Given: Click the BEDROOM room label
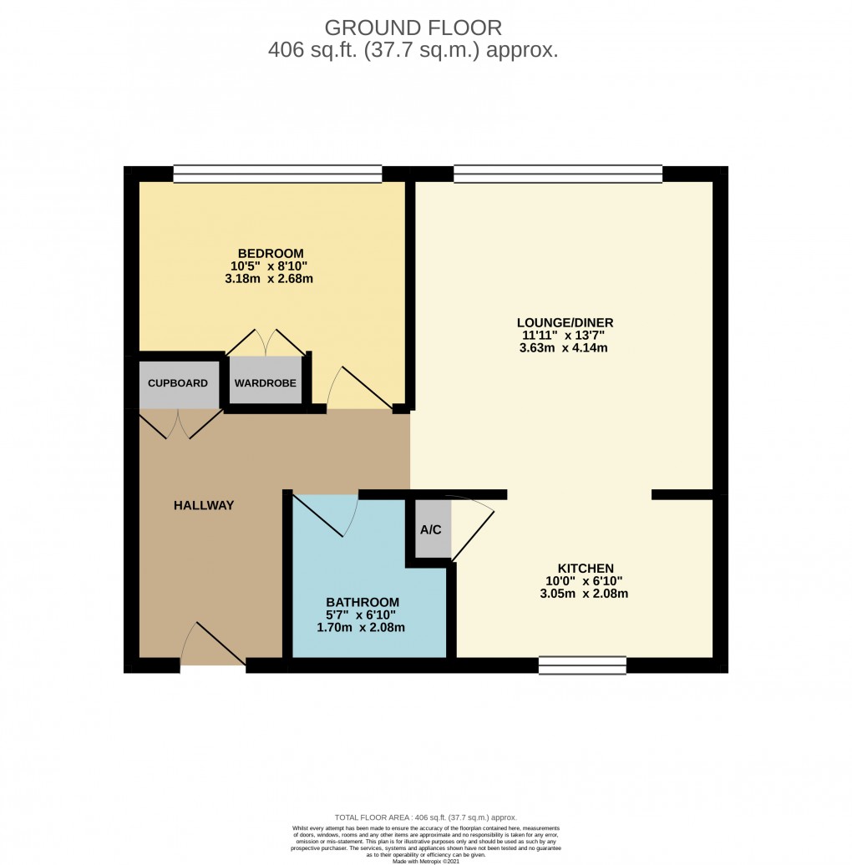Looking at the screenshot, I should tap(270, 253).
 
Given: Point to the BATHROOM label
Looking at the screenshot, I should tap(363, 602).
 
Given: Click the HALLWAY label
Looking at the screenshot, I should tap(204, 505).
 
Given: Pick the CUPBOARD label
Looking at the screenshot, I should tap(178, 383).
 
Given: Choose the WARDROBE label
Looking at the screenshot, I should tap(266, 383).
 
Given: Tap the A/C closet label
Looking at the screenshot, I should tap(431, 529).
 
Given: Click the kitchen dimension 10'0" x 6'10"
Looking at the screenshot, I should tap(584, 581).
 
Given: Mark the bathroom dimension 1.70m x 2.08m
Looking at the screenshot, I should tap(362, 628).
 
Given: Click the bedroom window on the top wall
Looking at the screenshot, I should tap(277, 174).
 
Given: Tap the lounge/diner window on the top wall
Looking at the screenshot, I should tap(557, 174).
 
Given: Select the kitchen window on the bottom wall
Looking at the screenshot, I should tap(582, 665).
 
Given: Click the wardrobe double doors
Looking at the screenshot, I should tap(266, 342).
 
